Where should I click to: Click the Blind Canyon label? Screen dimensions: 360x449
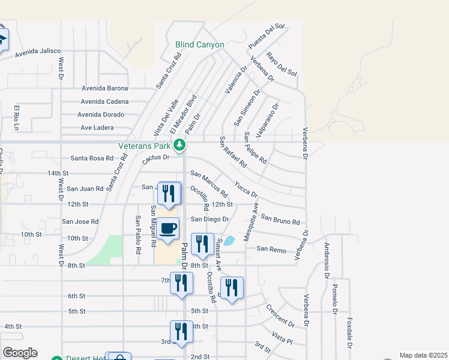click(x=199, y=44)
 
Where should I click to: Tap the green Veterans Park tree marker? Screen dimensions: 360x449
click(x=179, y=145)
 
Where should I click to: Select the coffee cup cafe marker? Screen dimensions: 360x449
click(x=169, y=229)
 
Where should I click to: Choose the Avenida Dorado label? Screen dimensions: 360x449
click(x=101, y=115)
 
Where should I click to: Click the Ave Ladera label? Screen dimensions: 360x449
click(x=97, y=128)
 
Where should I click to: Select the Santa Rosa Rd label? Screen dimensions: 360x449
click(x=92, y=158)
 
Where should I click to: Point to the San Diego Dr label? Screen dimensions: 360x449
click(x=210, y=220)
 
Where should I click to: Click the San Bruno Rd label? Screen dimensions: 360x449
click(x=280, y=221)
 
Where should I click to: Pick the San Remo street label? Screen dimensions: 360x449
click(x=270, y=248)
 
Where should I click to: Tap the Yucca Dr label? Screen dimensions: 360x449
click(x=246, y=190)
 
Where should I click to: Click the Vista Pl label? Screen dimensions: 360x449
click(x=282, y=337)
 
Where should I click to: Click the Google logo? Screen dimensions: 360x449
click(x=20, y=353)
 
